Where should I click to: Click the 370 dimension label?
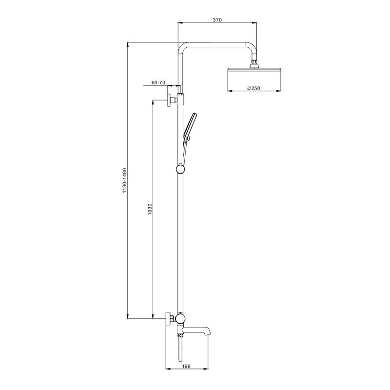(x=217, y=20)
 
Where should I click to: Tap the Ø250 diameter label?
(x=253, y=88)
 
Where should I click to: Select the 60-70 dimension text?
(x=158, y=82)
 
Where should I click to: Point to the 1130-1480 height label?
(x=125, y=180)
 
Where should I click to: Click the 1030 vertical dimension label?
(x=150, y=209)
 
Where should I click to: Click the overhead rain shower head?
(x=254, y=79)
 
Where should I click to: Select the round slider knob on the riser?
(x=180, y=169)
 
